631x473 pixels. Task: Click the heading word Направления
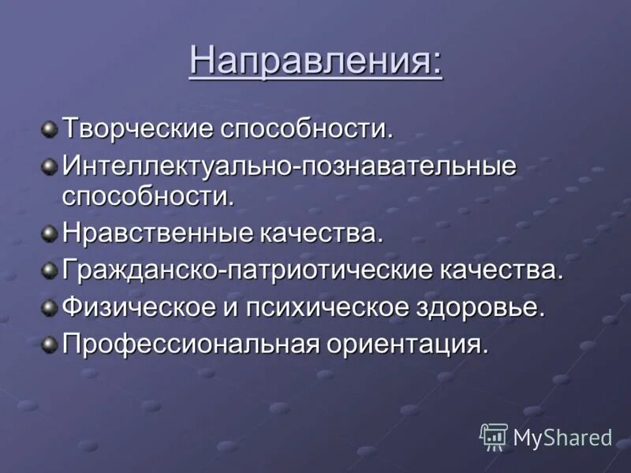tap(315, 61)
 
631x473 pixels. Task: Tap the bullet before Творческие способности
tap(50, 128)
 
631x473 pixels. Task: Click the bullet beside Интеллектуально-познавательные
tap(50, 166)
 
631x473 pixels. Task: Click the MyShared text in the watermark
tap(562, 437)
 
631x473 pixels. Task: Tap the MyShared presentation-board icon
tap(494, 436)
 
